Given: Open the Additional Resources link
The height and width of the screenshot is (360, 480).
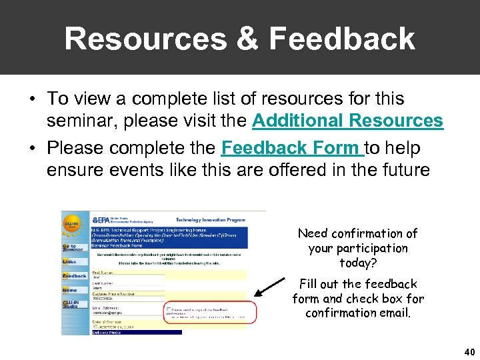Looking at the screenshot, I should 347,121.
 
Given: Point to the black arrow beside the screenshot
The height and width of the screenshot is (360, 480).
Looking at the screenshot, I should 270,288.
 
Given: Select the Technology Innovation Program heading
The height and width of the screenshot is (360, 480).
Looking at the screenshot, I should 210,219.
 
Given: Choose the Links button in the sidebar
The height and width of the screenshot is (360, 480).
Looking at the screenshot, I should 71,262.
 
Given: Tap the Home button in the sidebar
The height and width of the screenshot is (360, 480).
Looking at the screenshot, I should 71,290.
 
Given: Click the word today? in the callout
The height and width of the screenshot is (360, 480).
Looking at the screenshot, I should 358,262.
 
